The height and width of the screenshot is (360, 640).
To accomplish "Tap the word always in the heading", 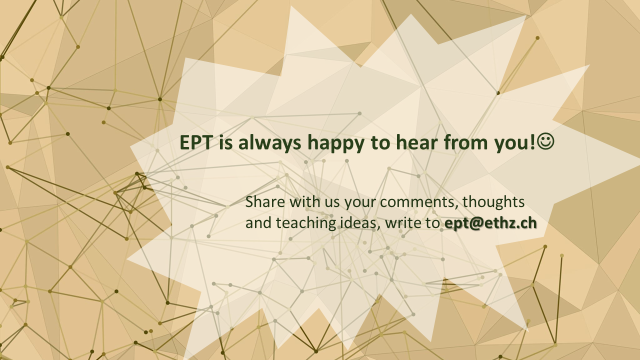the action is (269, 142).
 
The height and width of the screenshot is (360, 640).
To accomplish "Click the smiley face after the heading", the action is (545, 141).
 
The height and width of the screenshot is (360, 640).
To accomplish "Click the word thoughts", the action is (493, 202).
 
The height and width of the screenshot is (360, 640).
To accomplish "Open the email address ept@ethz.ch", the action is (490, 223).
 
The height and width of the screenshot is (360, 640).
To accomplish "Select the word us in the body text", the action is (332, 203).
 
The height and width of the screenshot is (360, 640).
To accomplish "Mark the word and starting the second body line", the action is (258, 223).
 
